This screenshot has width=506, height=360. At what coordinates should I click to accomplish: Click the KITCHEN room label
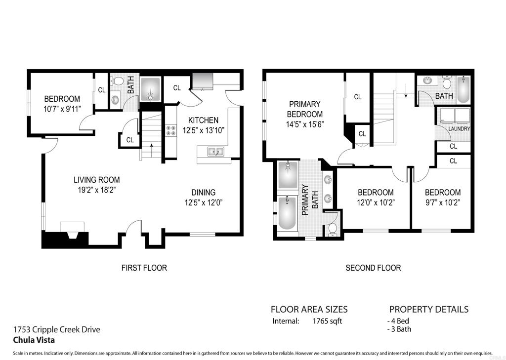point(203,120)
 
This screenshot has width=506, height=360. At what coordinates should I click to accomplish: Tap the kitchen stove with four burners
point(171,130)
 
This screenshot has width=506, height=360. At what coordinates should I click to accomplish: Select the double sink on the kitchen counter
point(215,152)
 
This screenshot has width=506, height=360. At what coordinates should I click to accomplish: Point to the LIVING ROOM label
point(96,180)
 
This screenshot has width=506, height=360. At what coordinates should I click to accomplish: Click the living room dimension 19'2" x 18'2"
point(96,190)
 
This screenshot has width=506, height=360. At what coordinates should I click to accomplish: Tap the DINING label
point(203,193)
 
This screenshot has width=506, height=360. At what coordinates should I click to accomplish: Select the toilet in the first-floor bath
point(118,81)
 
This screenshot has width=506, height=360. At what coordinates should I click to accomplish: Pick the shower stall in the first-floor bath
point(150,90)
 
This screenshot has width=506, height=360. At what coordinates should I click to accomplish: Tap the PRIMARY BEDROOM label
point(304,109)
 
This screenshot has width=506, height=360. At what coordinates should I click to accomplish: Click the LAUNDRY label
point(459,129)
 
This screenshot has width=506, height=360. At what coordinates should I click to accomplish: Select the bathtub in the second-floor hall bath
point(464,89)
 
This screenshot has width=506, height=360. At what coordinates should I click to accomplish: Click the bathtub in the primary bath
point(287,213)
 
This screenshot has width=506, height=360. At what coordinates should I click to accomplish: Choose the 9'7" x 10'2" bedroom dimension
point(442,202)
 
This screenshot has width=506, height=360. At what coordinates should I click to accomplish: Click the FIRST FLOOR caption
point(144,268)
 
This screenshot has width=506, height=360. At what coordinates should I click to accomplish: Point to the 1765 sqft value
point(327,321)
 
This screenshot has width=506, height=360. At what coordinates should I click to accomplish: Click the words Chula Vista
point(34,340)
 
